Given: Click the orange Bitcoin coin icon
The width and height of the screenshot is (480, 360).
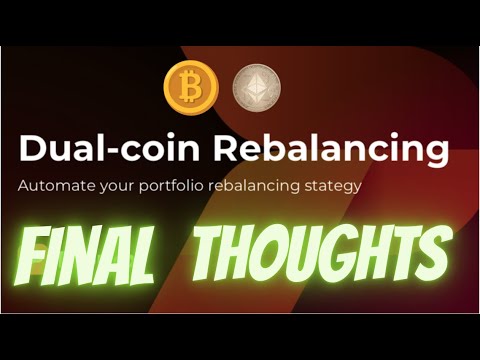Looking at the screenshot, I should click(x=190, y=89).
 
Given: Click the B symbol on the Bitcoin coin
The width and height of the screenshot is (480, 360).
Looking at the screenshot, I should click(x=190, y=89).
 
